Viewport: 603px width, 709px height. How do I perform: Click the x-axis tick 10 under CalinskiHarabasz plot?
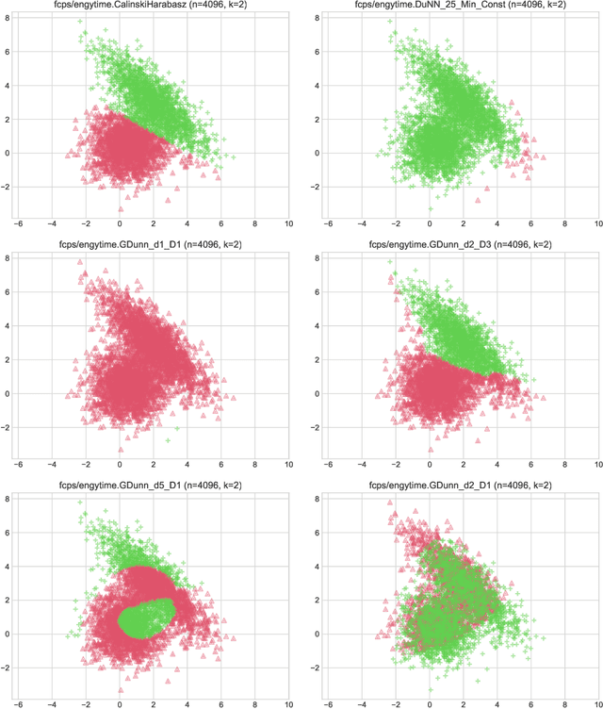tap(288, 224)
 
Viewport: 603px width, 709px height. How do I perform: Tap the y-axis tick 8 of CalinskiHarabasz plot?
tap(7, 18)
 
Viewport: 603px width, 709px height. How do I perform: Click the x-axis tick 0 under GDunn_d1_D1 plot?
tap(120, 464)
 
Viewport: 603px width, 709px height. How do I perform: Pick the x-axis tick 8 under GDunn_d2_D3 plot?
tap(563, 464)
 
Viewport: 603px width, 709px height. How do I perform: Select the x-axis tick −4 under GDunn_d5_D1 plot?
tap(52, 701)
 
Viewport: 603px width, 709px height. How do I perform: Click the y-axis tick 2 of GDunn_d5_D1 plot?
tap(7, 599)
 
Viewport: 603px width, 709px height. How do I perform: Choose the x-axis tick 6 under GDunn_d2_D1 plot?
tap(530, 701)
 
